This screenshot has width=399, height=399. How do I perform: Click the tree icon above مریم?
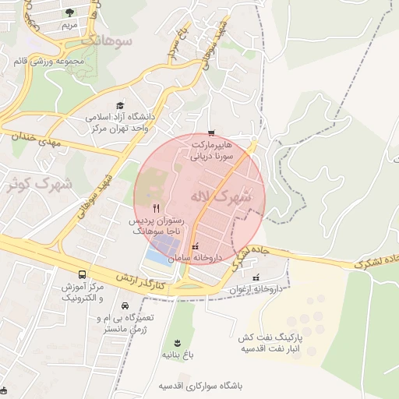(x=69, y=12)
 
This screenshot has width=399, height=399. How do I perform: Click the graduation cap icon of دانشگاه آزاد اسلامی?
(x=120, y=105)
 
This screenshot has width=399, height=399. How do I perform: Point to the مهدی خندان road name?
(x=35, y=140)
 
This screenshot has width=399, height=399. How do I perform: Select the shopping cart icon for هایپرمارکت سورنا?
(x=211, y=133)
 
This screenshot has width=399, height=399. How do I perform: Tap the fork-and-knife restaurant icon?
(x=157, y=208)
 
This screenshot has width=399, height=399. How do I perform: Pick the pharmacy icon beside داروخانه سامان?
(x=195, y=246)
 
